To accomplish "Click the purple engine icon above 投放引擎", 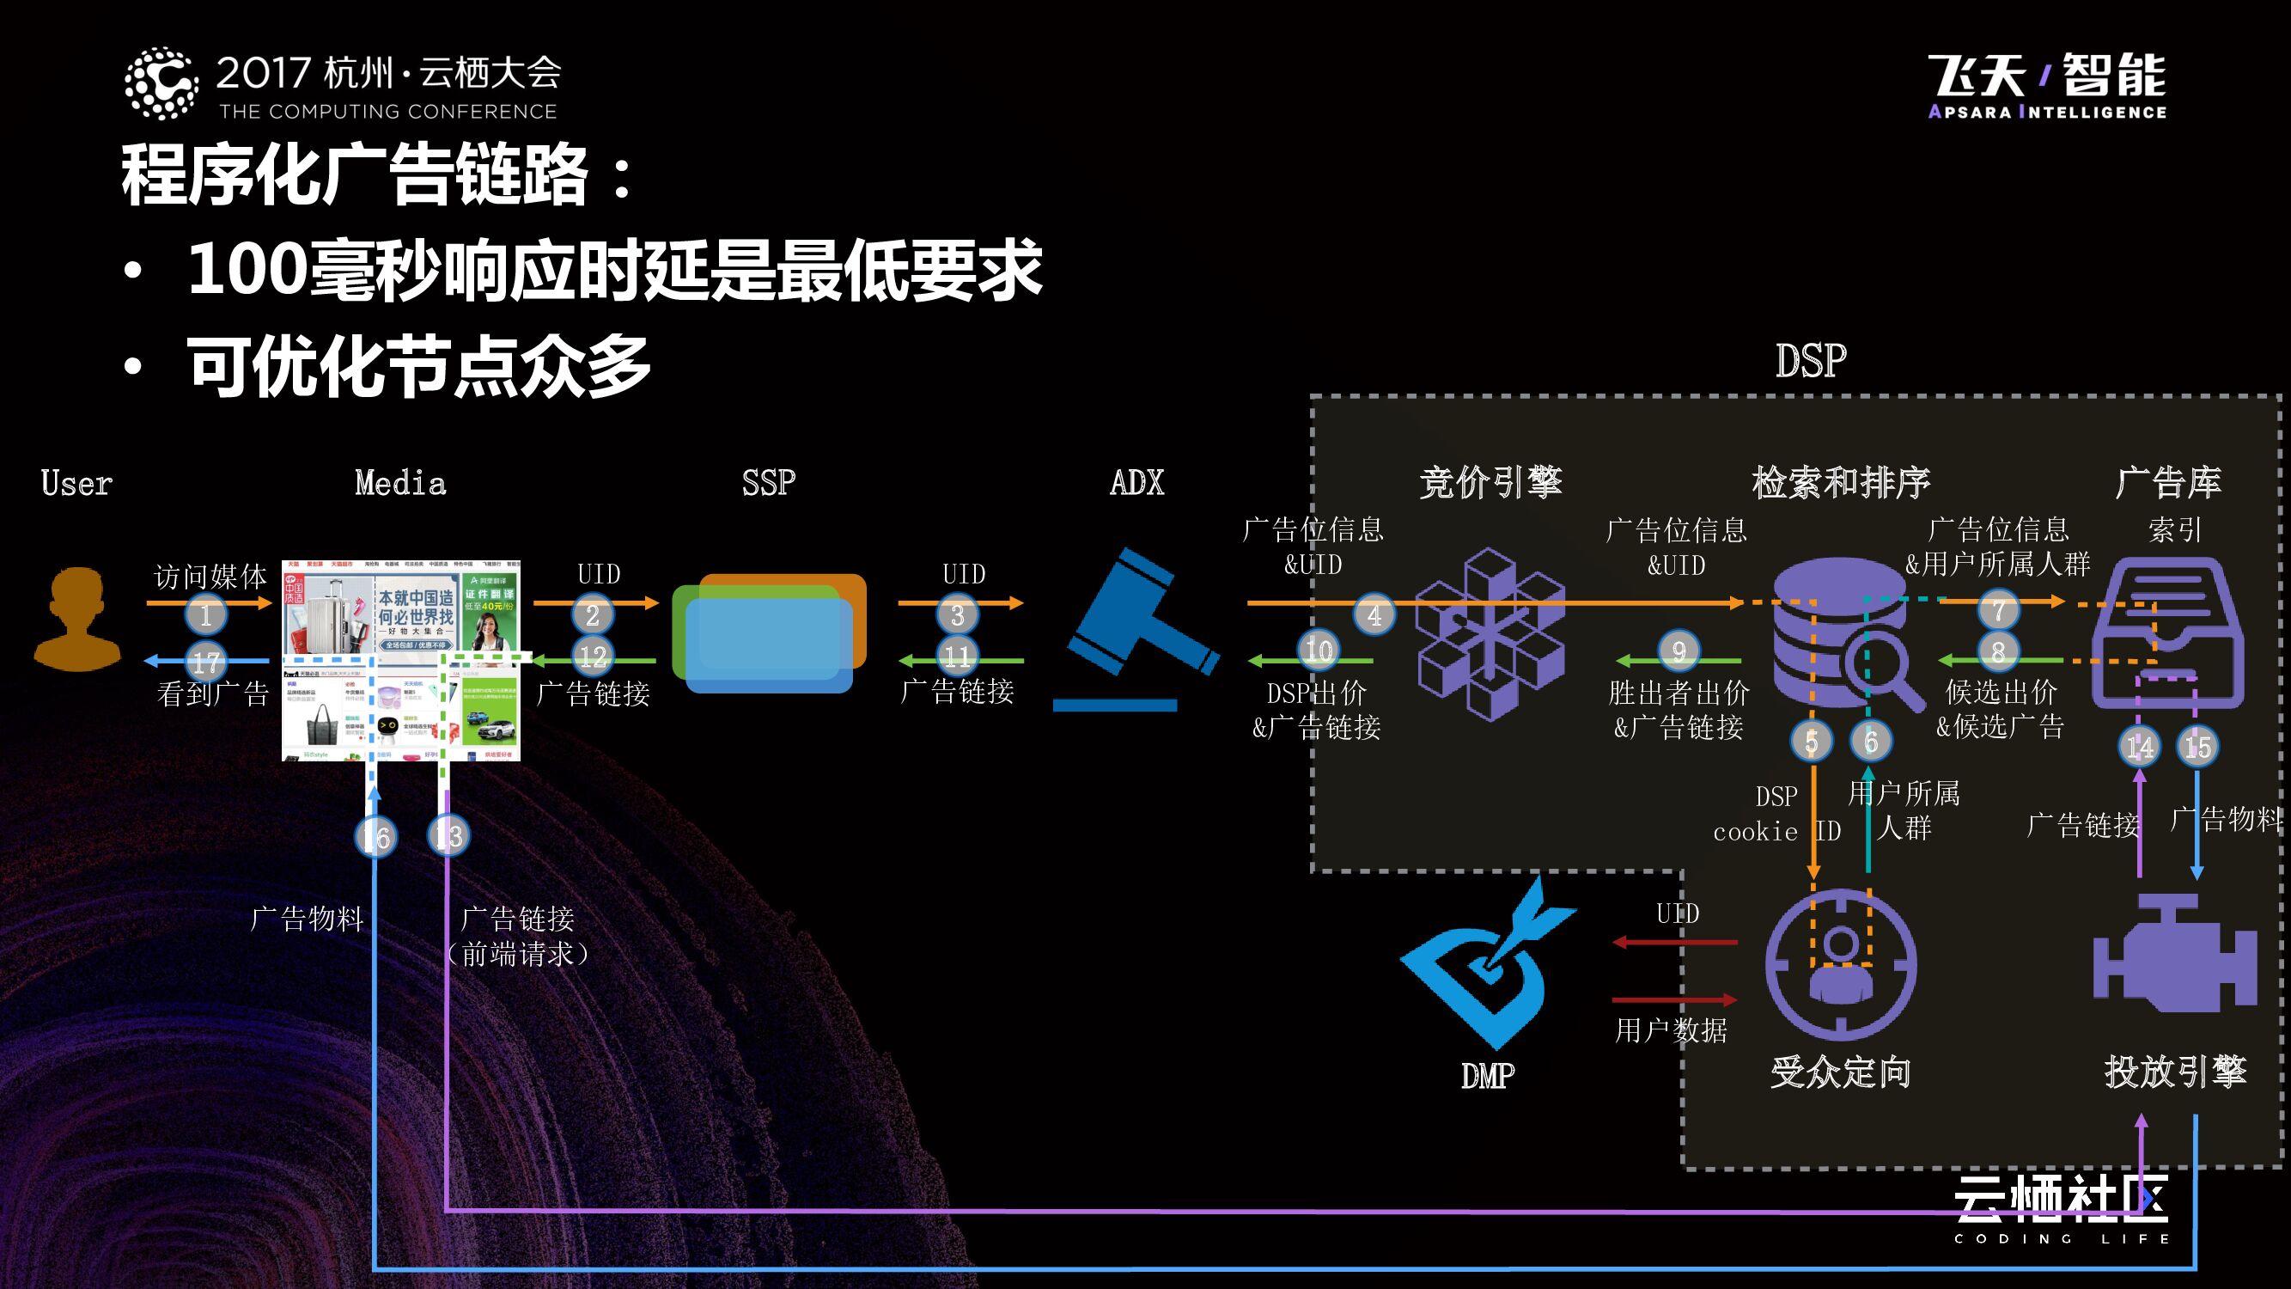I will click(2173, 956).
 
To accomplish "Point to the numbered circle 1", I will click(205, 614).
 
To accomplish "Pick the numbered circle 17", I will click(205, 661).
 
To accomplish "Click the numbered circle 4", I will click(1374, 614).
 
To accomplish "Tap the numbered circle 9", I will click(1679, 651).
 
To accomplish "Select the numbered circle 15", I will click(2197, 745).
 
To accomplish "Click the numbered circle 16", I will click(376, 836).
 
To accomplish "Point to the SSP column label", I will click(769, 482).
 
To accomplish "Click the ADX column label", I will click(1136, 482).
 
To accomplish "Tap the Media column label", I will click(400, 482).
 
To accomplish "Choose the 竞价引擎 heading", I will click(1490, 482).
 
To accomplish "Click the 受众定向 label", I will click(1840, 1072).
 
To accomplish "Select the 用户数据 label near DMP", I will click(1670, 1030).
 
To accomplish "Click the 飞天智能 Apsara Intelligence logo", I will click(2046, 85).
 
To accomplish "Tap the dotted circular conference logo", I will click(161, 83).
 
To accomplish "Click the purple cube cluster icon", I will click(1490, 634).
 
